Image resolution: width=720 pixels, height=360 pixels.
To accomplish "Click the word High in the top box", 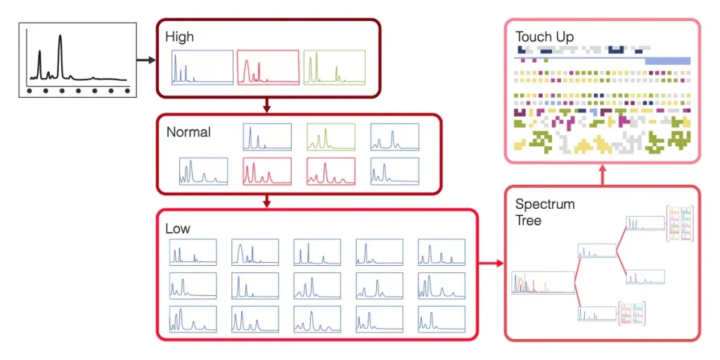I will [x=179, y=37].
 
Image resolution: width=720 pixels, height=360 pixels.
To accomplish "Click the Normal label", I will [x=188, y=131].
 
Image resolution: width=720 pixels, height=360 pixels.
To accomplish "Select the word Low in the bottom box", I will [x=177, y=229].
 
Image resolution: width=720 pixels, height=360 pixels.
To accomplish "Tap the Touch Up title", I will [x=544, y=37].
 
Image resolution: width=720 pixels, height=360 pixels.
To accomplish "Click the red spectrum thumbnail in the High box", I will [x=268, y=67].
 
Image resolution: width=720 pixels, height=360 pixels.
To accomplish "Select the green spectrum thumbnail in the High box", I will [x=335, y=67].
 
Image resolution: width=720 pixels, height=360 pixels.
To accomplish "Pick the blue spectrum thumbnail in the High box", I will [x=201, y=67].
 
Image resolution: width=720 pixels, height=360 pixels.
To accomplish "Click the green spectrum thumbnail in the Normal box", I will [x=330, y=137].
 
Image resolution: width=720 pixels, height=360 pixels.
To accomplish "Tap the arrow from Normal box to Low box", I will [x=266, y=201].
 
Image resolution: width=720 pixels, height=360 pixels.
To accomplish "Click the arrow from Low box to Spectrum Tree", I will [x=491, y=264].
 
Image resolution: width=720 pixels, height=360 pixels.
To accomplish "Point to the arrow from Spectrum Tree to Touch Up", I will [x=602, y=175].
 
